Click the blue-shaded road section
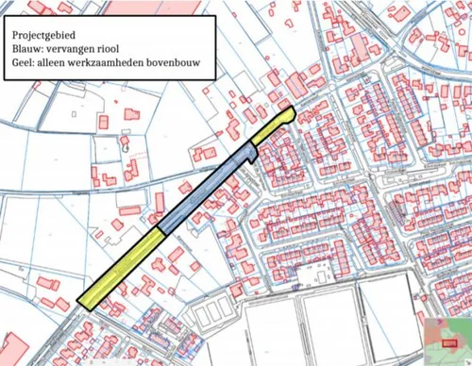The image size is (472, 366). pyautogui.click(x=208, y=190)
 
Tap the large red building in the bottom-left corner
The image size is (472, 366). pyautogui.click(x=14, y=347)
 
